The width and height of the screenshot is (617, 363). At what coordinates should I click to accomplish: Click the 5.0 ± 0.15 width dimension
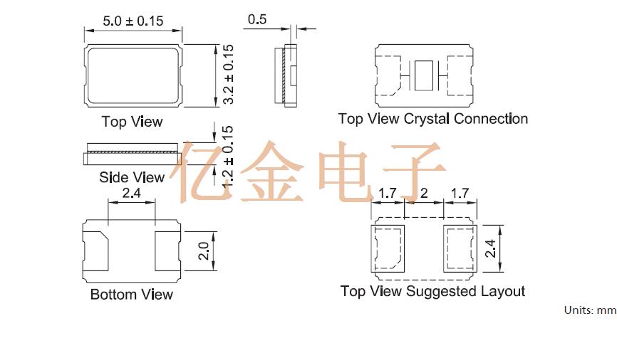pyautogui.click(x=133, y=21)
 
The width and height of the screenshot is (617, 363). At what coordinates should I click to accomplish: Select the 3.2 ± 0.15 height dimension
pyautogui.click(x=229, y=75)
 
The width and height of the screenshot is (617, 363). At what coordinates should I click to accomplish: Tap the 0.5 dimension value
pyautogui.click(x=257, y=19)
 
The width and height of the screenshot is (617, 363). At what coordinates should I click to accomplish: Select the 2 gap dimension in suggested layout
pyautogui.click(x=424, y=193)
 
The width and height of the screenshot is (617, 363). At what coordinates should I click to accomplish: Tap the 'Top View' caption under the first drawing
pyautogui.click(x=132, y=122)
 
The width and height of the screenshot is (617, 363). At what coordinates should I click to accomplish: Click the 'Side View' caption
pyautogui.click(x=132, y=177)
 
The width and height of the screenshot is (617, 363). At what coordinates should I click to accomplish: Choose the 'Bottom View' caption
pyautogui.click(x=132, y=294)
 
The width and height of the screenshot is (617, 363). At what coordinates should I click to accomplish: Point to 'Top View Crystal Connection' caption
pyautogui.click(x=432, y=119)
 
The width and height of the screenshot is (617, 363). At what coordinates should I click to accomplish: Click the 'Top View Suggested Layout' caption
pyautogui.click(x=432, y=291)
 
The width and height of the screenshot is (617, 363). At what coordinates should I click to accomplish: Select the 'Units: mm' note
pyautogui.click(x=589, y=310)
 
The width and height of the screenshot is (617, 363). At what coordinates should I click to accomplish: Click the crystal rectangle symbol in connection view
pyautogui.click(x=424, y=75)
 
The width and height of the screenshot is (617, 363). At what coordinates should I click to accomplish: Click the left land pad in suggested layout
pyautogui.click(x=389, y=247)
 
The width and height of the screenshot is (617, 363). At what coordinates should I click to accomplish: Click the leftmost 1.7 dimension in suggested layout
pyautogui.click(x=388, y=193)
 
